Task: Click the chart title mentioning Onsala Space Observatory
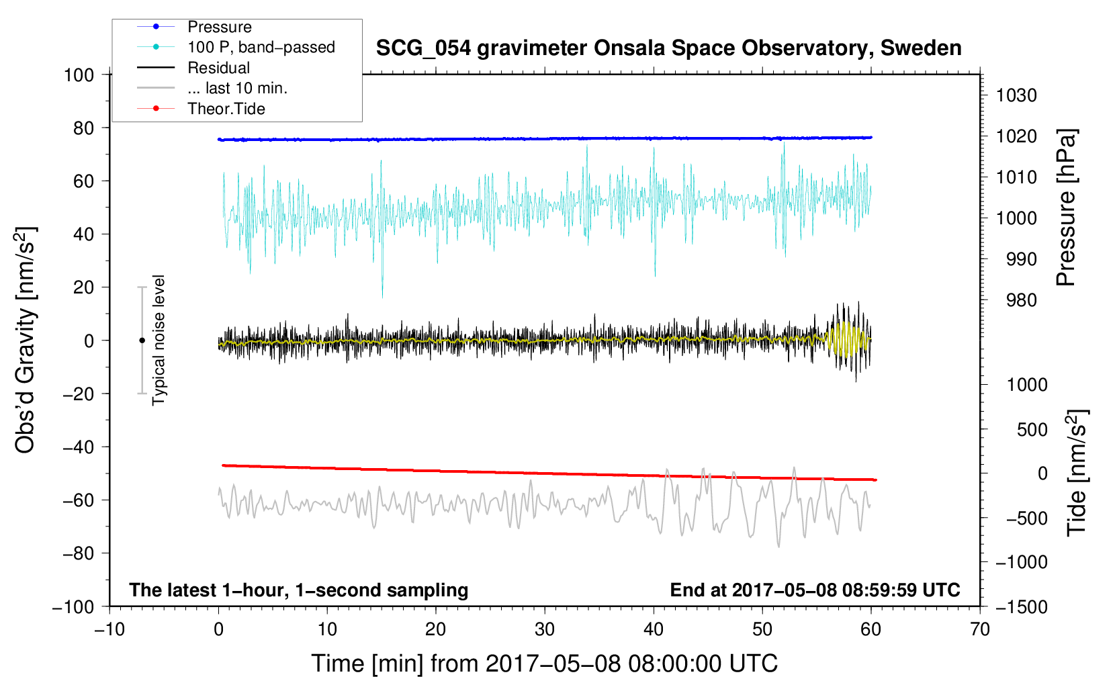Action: point(668,48)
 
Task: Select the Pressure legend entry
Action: point(219,27)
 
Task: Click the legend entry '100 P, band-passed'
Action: point(261,47)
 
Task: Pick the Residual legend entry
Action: point(218,68)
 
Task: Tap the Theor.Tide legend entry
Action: point(226,109)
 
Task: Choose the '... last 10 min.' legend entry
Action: point(237,88)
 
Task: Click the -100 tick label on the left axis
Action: point(73,606)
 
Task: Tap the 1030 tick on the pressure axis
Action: point(1016,95)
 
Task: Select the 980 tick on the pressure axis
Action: point(1021,300)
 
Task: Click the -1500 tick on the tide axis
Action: point(1021,606)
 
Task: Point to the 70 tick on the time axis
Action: point(980,629)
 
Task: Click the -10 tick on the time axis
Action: point(109,629)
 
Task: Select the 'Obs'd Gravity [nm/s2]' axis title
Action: point(26,340)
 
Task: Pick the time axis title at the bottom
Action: point(545,664)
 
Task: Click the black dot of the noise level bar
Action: point(142,340)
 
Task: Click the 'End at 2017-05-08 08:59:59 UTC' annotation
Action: point(815,590)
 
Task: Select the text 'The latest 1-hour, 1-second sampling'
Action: point(299,590)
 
